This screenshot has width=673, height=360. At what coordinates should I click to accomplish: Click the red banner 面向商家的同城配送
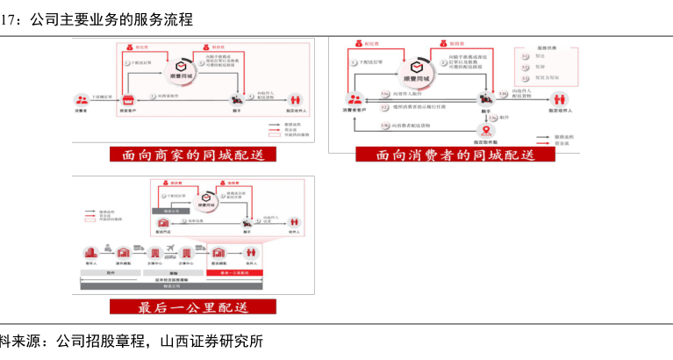coord(192,155)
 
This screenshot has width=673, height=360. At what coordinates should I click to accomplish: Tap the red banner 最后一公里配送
coord(193,307)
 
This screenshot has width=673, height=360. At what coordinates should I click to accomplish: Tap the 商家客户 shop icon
coord(128,99)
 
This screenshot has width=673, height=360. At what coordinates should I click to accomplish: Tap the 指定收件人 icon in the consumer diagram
coord(559,99)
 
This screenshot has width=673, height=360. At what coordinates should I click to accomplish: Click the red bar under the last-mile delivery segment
coord(235,273)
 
